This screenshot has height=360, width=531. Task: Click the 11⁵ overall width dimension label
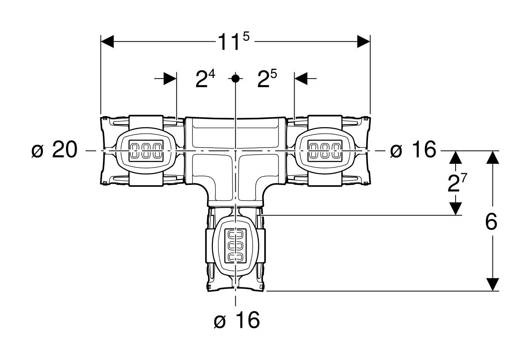(234, 42)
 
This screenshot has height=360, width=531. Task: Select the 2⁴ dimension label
(205, 79)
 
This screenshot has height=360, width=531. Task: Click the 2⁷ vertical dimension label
(457, 183)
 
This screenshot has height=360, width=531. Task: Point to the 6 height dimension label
(491, 221)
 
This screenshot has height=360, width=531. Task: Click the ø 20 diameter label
(54, 149)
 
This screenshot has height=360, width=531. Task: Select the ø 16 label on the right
(413, 149)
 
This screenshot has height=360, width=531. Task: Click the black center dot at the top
(235, 78)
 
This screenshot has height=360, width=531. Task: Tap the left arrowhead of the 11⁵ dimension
(107, 42)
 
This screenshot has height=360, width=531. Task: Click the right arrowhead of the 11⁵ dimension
(364, 42)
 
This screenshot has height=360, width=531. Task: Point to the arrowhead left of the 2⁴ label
(170, 79)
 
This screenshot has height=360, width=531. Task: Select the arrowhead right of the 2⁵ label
(301, 79)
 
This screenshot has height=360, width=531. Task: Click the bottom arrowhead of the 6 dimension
(493, 284)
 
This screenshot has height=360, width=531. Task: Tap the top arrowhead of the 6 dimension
(493, 157)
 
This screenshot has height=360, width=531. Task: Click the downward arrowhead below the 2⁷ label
(456, 208)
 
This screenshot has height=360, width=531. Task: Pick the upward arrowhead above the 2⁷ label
(456, 157)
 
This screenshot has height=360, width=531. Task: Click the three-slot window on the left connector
(146, 151)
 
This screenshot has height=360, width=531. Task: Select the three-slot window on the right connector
(325, 151)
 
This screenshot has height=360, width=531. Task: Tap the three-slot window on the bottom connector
(235, 246)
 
